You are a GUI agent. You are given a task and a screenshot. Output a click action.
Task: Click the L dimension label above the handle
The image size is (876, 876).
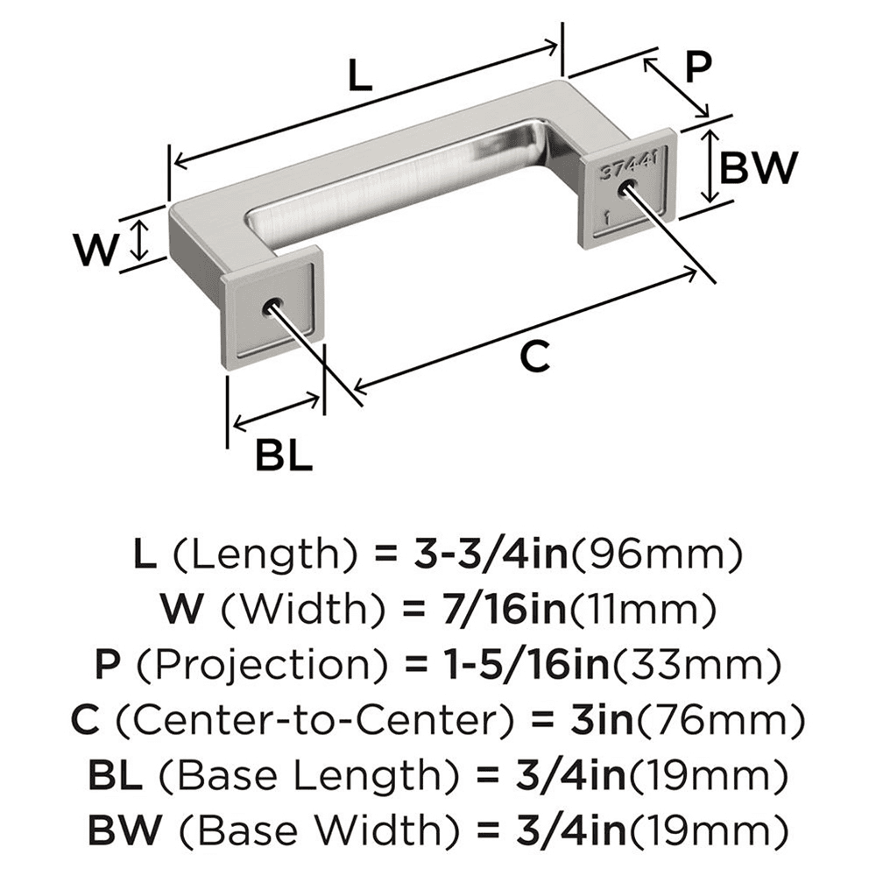(359, 77)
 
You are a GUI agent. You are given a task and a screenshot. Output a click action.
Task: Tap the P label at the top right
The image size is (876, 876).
(697, 67)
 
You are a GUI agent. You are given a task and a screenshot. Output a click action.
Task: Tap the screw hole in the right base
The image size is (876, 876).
(625, 188)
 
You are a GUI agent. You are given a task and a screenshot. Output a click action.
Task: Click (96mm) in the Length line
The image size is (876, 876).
(664, 555)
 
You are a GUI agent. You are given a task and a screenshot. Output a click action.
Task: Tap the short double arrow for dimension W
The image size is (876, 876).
(138, 240)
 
